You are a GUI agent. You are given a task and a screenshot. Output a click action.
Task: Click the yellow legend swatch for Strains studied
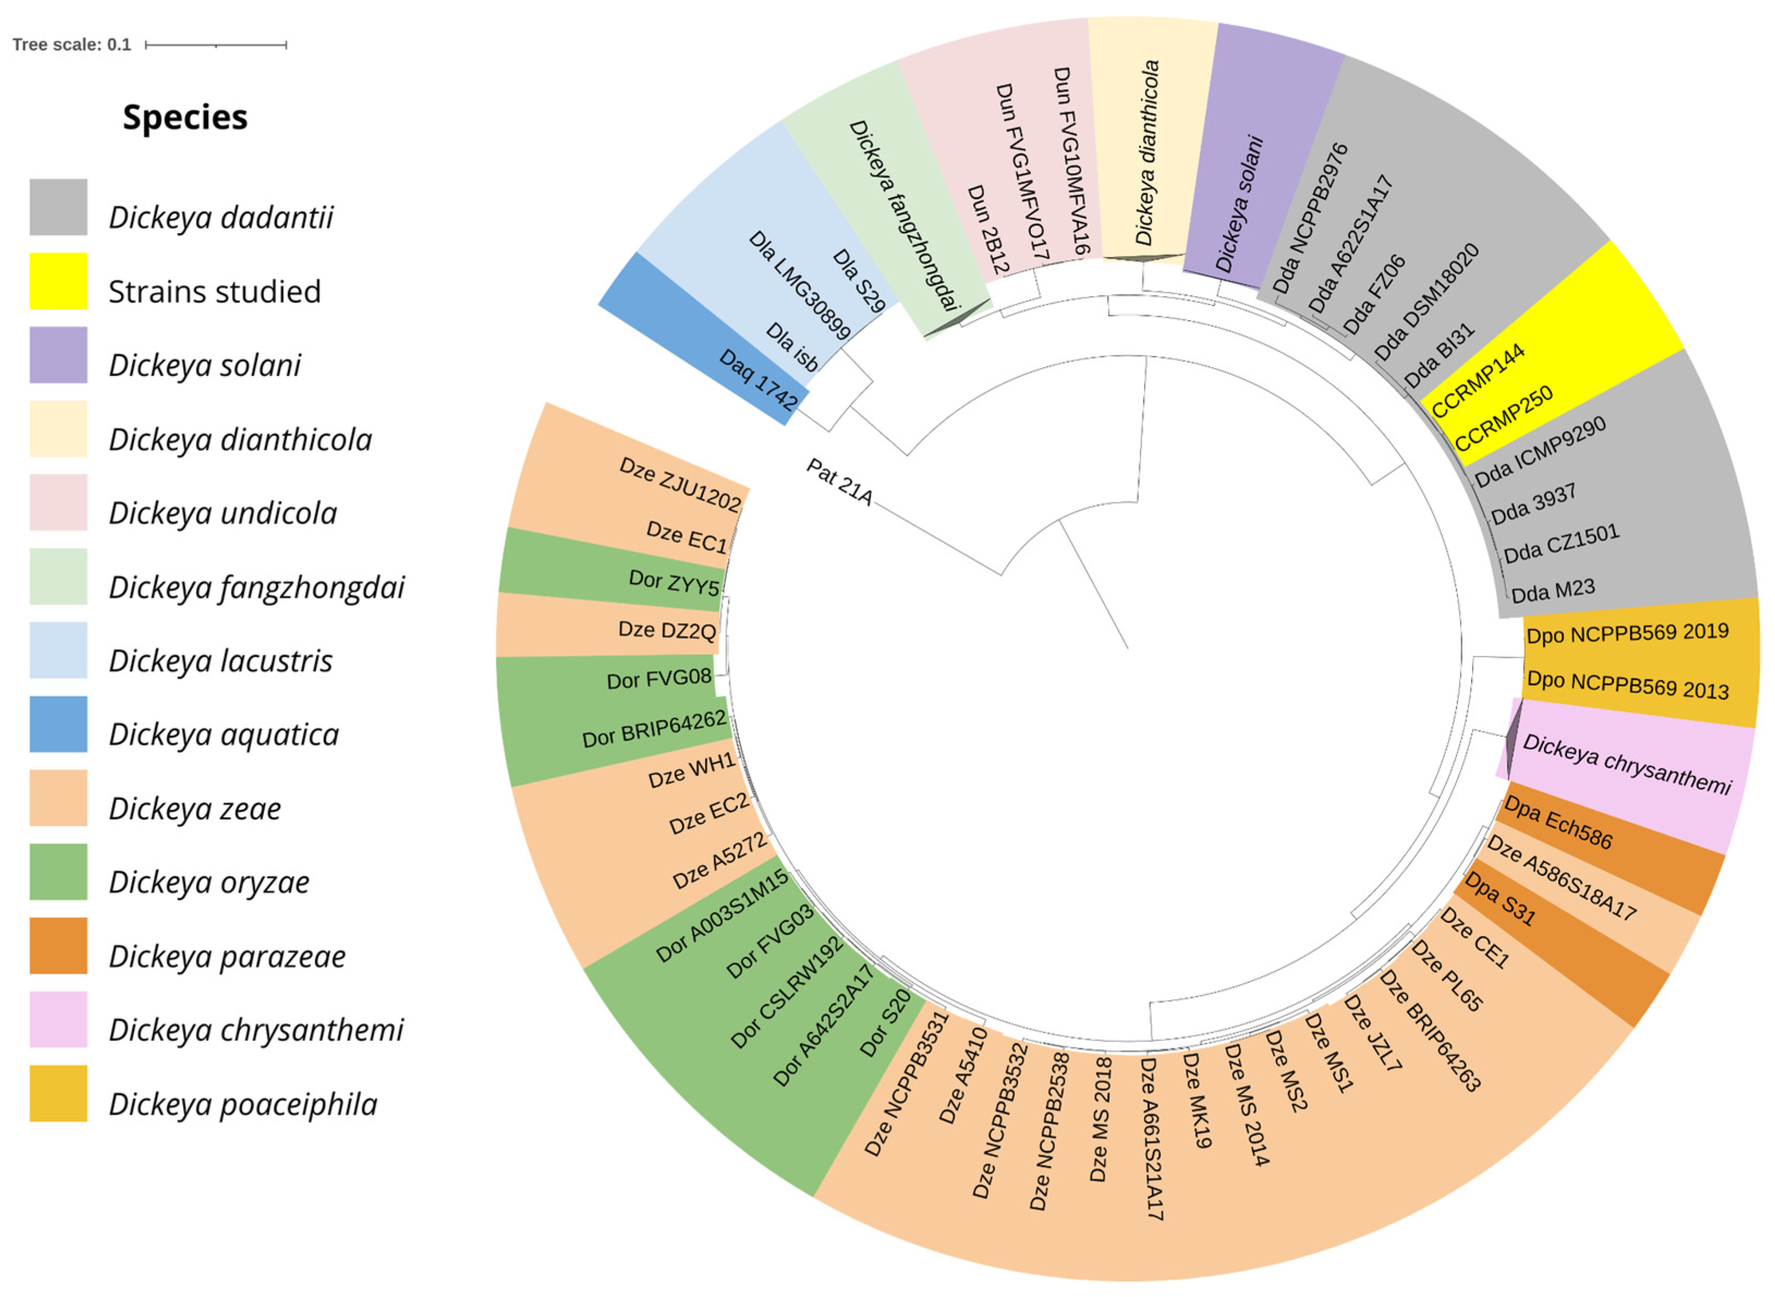click(58, 280)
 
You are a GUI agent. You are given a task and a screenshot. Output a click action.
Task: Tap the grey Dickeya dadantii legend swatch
click(58, 206)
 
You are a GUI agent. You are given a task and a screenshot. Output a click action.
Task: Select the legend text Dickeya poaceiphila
click(243, 1104)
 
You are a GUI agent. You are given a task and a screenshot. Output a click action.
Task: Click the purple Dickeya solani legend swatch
click(58, 355)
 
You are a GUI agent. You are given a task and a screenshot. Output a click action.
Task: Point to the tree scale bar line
click(216, 45)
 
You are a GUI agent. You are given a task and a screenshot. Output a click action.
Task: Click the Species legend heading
click(185, 118)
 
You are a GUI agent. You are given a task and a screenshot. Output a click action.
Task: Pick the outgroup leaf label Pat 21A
click(839, 482)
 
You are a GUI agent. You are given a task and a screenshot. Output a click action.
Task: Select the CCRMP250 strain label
click(1503, 419)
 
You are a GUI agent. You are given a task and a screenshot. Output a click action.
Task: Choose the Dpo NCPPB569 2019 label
click(1626, 633)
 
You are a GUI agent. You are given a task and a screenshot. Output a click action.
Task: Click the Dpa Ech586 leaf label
click(1558, 823)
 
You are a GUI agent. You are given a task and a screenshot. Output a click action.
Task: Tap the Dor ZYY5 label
click(674, 583)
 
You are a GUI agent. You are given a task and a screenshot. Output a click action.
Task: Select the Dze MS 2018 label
click(1100, 1119)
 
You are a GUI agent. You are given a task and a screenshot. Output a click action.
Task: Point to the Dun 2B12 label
click(987, 229)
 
